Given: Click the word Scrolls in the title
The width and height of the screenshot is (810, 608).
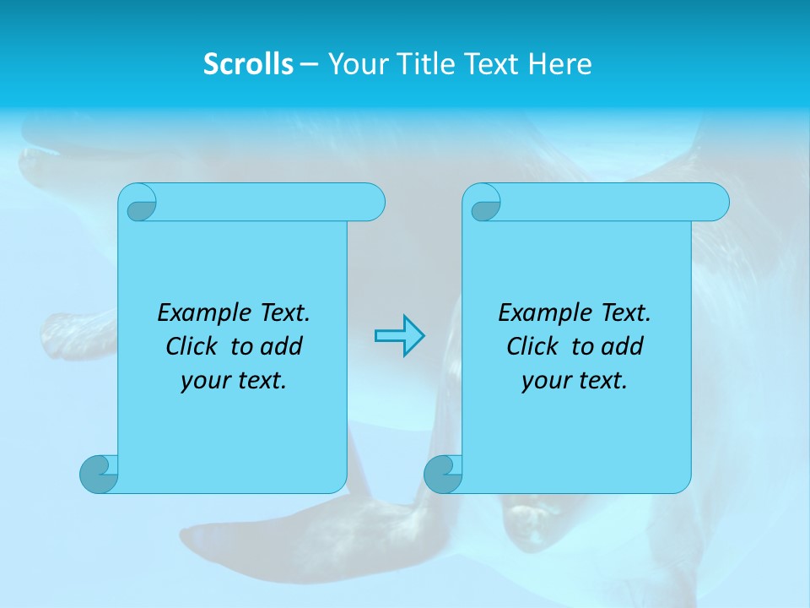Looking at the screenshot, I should click(x=248, y=64).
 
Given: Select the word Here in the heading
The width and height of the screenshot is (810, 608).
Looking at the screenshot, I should click(x=560, y=64).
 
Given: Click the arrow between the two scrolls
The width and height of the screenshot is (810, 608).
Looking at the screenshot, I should click(x=399, y=336).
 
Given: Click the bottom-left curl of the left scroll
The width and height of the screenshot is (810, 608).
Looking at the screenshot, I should click(x=98, y=474).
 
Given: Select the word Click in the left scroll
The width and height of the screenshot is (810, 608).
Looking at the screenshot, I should click(x=186, y=347).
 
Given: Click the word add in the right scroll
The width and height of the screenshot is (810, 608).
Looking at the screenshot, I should click(x=623, y=347).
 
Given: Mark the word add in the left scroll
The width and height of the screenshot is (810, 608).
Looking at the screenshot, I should click(x=282, y=347).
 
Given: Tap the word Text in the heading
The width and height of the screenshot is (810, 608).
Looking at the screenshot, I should click(x=492, y=64).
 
